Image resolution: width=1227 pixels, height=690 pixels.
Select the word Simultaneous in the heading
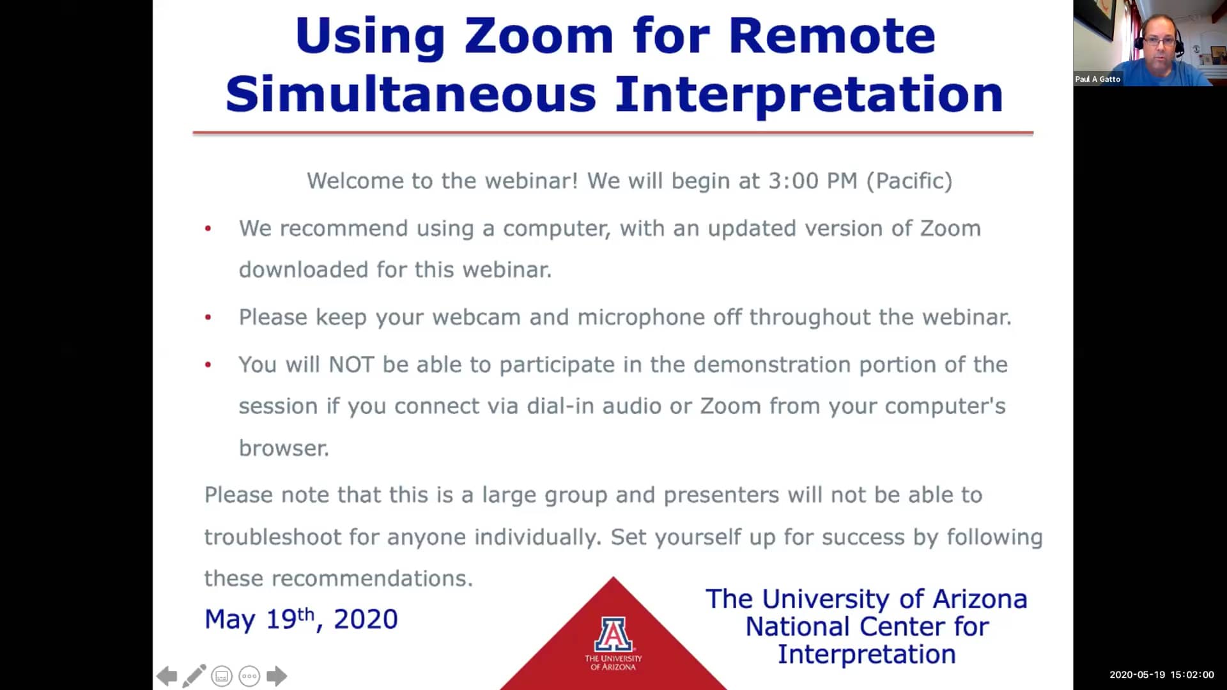411,94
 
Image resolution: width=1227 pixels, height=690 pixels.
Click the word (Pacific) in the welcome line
909,181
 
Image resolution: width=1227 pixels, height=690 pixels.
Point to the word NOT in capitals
351,365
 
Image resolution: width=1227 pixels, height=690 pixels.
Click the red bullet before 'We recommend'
208,228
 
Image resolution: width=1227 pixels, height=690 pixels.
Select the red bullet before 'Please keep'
208,317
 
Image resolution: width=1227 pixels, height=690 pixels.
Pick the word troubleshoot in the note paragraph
273,537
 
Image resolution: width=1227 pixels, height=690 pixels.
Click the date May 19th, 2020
301,619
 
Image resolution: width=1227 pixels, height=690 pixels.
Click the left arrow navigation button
167,676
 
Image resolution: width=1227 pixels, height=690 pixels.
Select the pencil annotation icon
194,676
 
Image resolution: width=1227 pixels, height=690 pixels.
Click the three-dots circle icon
249,676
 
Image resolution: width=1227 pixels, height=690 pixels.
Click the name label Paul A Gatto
1097,79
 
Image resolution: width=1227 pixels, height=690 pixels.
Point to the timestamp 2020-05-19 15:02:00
1161,675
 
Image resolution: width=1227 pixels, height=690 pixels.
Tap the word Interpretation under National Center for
867,655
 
